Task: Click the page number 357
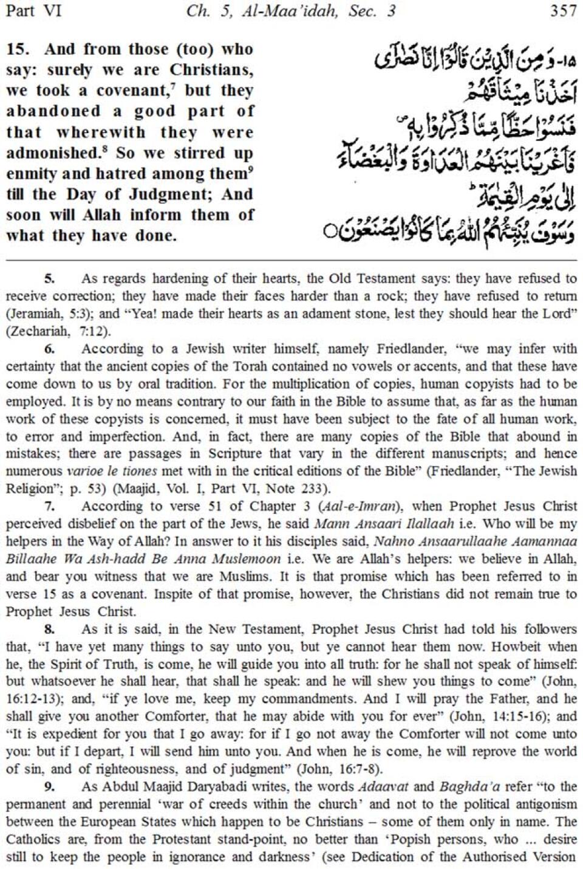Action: (563, 11)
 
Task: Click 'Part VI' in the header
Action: (33, 11)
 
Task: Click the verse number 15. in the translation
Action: (18, 49)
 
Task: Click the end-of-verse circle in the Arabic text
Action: (329, 232)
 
